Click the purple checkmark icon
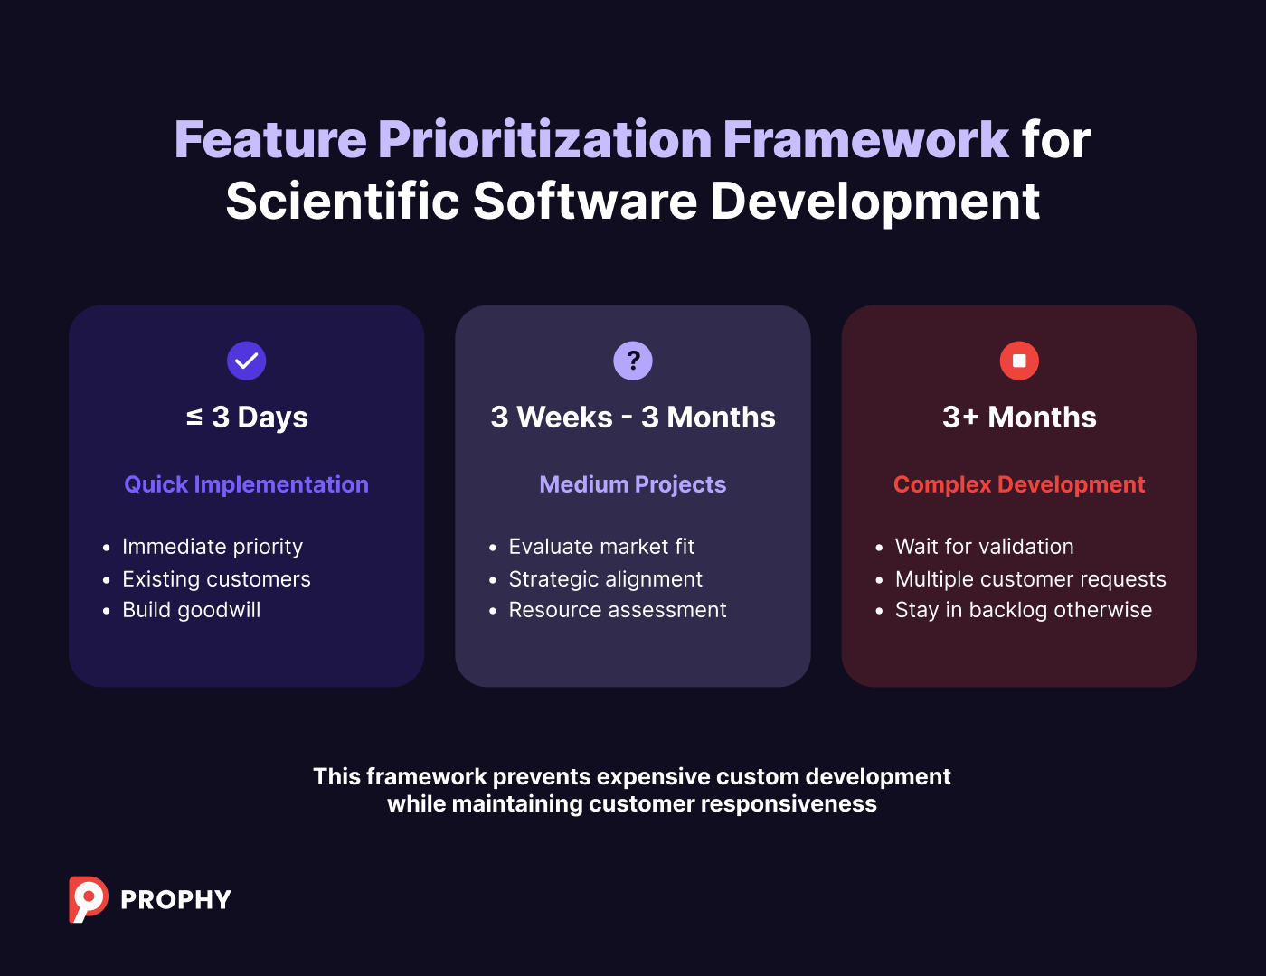(x=246, y=361)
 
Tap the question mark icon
(x=633, y=361)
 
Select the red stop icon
(x=1019, y=361)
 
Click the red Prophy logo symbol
(x=88, y=899)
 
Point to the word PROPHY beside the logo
(x=176, y=900)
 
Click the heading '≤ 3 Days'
(x=247, y=418)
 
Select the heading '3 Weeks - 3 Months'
(x=633, y=418)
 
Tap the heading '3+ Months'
(x=1019, y=418)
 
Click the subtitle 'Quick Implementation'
(x=247, y=484)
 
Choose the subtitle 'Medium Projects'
(x=633, y=484)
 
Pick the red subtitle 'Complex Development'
(x=1019, y=484)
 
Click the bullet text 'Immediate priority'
(x=213, y=547)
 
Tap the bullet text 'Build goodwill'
(x=192, y=610)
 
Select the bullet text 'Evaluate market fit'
(x=601, y=547)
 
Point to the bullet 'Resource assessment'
(x=618, y=610)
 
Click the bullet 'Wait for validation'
(x=985, y=547)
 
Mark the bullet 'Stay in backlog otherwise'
(x=1024, y=610)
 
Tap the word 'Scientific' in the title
(x=343, y=201)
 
